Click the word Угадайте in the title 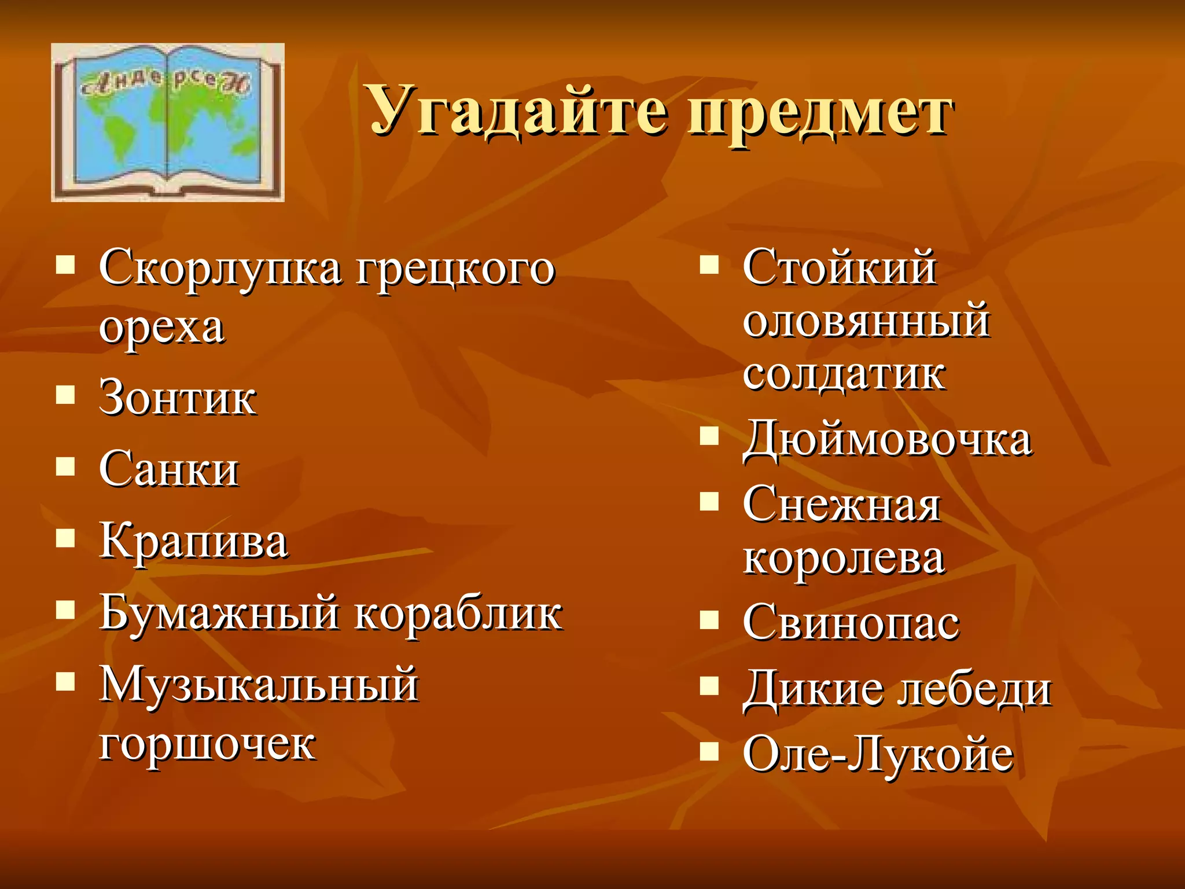[518, 110]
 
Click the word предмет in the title [819, 113]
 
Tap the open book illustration [168, 123]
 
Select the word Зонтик [178, 398]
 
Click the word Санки [168, 469]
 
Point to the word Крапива [193, 542]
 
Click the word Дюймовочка [887, 440]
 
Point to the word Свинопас [851, 623]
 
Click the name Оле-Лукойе [878, 754]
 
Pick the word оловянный [866, 321]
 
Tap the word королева [844, 558]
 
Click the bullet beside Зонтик [65, 395]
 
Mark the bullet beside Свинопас [709, 620]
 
